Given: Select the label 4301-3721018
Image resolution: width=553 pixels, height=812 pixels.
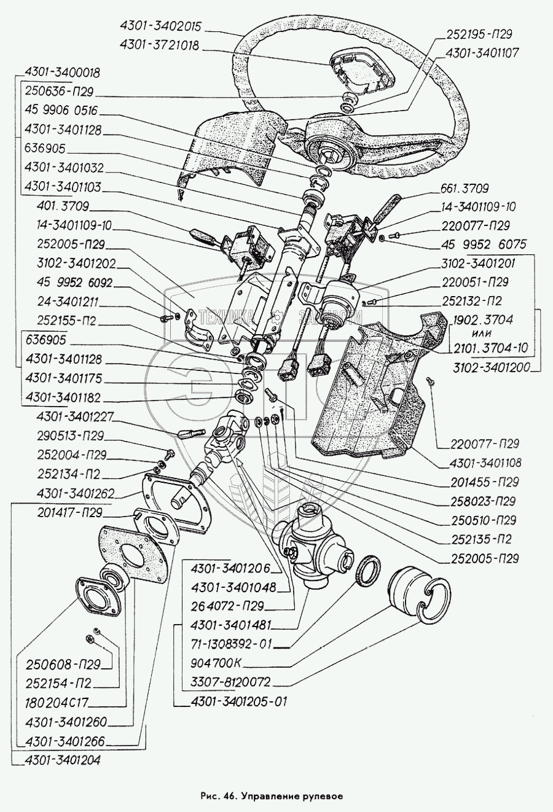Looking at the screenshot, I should (x=159, y=46).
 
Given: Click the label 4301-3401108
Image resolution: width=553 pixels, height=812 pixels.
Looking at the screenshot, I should (x=477, y=463).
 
